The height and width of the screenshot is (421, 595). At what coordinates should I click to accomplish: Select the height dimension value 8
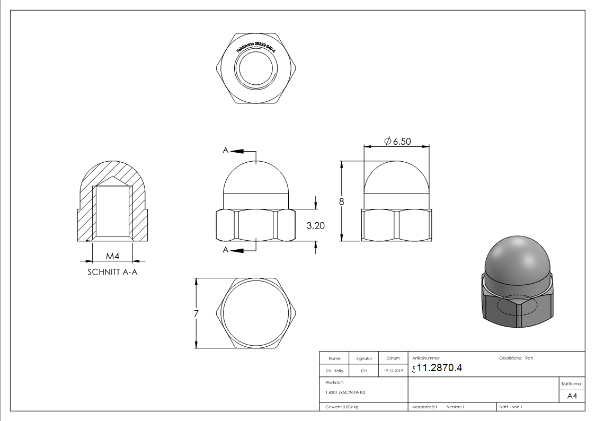point(342,201)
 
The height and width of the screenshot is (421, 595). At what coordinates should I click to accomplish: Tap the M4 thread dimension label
point(112,257)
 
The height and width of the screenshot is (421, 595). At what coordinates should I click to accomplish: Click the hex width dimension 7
point(196,313)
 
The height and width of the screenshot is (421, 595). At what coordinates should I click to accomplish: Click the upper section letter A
point(226,151)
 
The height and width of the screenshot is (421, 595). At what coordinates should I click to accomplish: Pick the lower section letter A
point(226,250)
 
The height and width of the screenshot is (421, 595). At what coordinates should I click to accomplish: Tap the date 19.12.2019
point(393,371)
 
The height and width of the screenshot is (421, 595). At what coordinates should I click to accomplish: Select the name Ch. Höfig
point(335,371)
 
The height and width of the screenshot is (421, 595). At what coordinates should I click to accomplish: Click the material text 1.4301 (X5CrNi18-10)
point(345,392)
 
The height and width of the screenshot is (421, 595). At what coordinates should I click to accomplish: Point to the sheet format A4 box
point(572,396)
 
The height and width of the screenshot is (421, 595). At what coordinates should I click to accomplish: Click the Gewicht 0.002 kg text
point(342,407)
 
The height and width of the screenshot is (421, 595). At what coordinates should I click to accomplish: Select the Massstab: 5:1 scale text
point(424,407)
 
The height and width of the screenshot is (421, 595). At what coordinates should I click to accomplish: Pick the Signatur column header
point(364,358)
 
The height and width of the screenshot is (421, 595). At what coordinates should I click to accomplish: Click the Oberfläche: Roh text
point(516,358)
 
